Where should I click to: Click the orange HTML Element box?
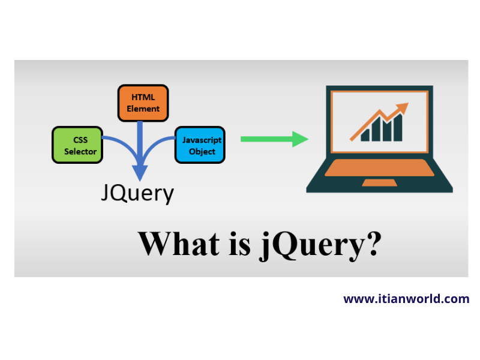(142, 102)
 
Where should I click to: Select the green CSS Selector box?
(77, 145)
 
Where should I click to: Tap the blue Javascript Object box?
(200, 145)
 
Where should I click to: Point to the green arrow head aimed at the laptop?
(300, 139)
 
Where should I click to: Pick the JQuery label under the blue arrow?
(137, 193)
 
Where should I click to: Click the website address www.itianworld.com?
(406, 298)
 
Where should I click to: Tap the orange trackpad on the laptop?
(379, 182)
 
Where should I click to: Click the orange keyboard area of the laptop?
(379, 167)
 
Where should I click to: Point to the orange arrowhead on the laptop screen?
(403, 108)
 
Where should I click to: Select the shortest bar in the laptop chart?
(365, 134)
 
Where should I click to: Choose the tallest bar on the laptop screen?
(397, 127)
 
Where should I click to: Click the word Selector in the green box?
(80, 152)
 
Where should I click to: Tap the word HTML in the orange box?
(143, 96)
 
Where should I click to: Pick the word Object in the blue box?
(202, 152)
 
